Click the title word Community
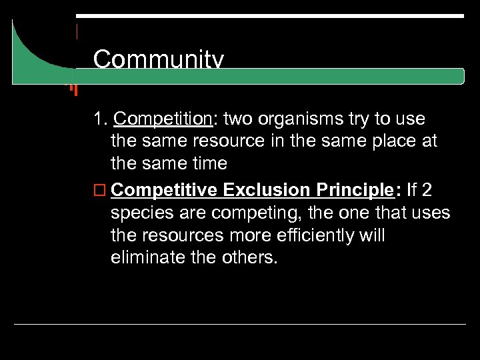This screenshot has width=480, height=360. coord(158,61)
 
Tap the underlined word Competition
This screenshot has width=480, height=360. coord(162,119)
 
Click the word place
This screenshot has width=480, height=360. coord(387,141)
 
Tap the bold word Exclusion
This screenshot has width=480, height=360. coord(267,190)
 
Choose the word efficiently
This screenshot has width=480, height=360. coord(317,235)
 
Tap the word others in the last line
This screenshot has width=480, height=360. coord(251,257)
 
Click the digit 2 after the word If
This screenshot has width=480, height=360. coord(427,190)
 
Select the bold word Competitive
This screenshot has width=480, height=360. coord(165,191)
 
